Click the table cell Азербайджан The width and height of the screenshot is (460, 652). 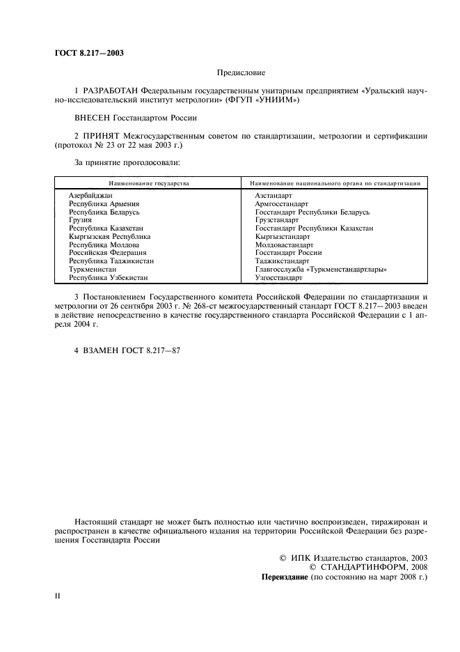90,196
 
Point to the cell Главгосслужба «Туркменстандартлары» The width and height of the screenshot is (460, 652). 321,269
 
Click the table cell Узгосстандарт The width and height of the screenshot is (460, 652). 278,277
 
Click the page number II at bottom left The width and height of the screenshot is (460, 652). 58,597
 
